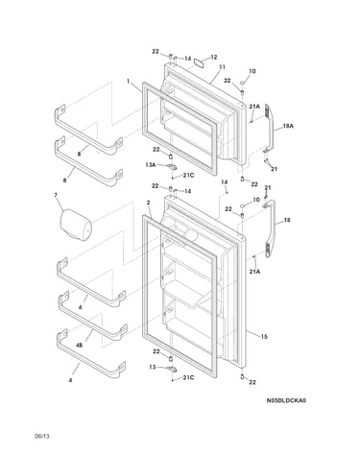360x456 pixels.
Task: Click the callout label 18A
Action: [x=288, y=126]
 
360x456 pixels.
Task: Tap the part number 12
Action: [x=214, y=58]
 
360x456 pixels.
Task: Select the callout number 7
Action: [x=56, y=195]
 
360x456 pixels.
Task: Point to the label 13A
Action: [x=150, y=165]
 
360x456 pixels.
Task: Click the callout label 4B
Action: [x=80, y=346]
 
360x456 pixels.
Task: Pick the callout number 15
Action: [x=264, y=337]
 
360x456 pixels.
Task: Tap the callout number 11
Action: [x=222, y=67]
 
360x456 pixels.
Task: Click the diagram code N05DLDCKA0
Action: [x=286, y=400]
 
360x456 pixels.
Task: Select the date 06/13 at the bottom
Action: [x=42, y=436]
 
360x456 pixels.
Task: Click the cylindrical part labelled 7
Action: [x=76, y=225]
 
